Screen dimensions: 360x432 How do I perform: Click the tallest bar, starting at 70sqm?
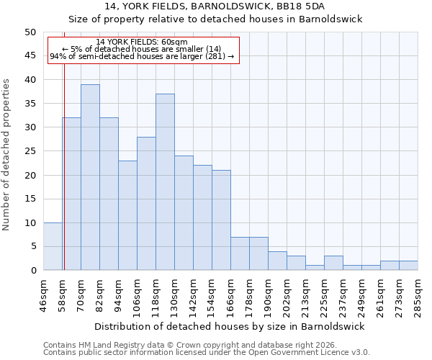(x=90, y=177)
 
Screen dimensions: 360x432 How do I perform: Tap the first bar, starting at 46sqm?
(x=53, y=246)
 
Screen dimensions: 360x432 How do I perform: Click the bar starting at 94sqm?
(x=127, y=215)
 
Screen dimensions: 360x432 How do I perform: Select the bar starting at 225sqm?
(x=333, y=263)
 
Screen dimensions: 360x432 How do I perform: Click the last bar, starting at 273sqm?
(x=408, y=266)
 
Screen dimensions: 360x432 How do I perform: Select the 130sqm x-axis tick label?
(x=174, y=294)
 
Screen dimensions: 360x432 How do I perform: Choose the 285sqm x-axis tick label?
(x=418, y=294)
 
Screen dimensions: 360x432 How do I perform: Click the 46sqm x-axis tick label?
(x=43, y=294)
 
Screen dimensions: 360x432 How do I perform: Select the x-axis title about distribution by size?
(x=229, y=326)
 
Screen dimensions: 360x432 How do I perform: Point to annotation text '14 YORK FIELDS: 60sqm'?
(x=142, y=42)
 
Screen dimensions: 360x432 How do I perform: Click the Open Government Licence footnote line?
(x=207, y=353)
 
